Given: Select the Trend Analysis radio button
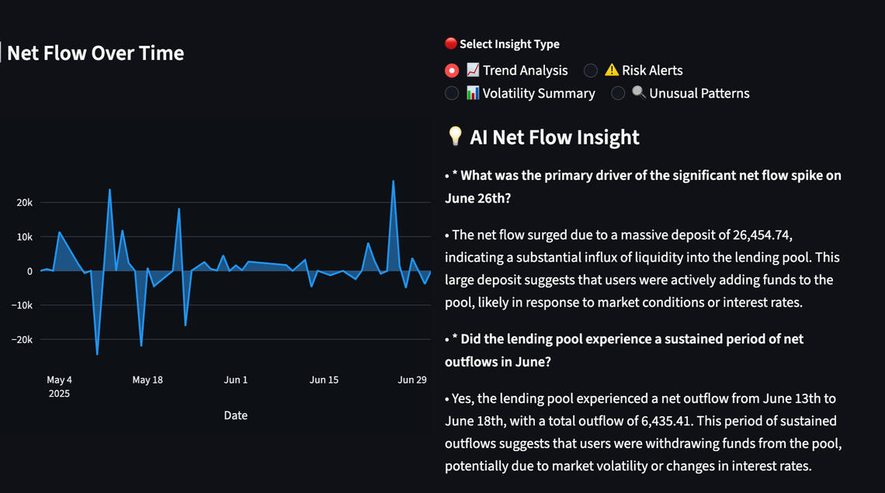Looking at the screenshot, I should [452, 71].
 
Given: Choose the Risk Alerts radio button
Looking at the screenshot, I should [591, 71].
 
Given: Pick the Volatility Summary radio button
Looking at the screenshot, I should [452, 93].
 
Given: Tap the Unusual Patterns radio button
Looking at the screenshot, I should [618, 93].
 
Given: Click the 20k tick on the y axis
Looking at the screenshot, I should [25, 203].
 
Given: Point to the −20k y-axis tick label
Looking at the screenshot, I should [22, 339].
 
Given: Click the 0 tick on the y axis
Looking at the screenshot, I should [29, 271].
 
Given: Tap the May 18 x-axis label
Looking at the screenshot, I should [147, 380].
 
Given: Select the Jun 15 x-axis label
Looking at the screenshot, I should [324, 380].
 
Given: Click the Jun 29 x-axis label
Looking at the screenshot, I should [412, 380].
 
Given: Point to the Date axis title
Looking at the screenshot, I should [236, 415].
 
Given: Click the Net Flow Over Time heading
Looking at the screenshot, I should [95, 54].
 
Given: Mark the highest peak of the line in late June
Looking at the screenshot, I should [394, 181].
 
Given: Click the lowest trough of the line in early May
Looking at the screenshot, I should [97, 354].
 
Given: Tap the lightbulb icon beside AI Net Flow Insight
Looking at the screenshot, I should [456, 137].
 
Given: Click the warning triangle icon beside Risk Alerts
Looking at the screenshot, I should [612, 71].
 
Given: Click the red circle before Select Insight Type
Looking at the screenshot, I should [450, 44].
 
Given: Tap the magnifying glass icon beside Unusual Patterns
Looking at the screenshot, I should [639, 93].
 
